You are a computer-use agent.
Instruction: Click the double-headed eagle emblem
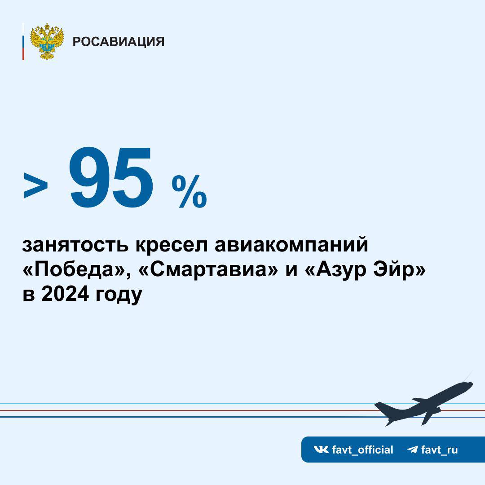point(47,41)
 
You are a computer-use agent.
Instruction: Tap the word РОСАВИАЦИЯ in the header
point(119,41)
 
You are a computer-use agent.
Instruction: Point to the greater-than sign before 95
point(36,185)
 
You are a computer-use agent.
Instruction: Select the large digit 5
point(132,178)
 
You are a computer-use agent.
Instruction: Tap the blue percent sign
point(190,191)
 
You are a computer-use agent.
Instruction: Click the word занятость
point(75,245)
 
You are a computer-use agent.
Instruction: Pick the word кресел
point(171,245)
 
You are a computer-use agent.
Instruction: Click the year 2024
point(65,294)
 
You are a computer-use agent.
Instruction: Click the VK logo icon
point(321,450)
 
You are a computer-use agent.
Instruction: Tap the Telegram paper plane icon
point(412,450)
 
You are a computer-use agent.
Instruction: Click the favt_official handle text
point(362,450)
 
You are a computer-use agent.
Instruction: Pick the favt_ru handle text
point(440,450)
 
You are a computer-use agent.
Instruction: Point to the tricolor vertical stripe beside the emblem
point(23,41)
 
